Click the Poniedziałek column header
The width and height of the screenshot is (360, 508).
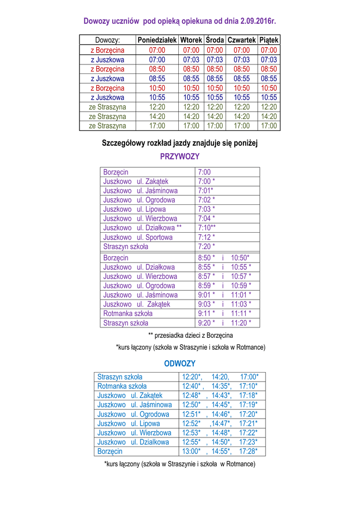pos(157,40)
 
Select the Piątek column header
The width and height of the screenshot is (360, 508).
pos(269,40)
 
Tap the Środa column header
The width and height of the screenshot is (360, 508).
pos(215,40)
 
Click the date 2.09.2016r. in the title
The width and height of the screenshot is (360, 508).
pos(258,21)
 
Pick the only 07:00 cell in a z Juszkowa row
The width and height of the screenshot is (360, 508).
pos(157,60)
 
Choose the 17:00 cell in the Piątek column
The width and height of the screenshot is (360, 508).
pos(269,126)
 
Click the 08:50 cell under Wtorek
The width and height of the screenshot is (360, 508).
pos(191,69)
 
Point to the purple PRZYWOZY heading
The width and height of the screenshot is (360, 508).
pos(180,157)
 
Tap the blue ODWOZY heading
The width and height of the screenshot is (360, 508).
pos(180,364)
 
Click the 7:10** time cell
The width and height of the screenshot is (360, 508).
pos(207,228)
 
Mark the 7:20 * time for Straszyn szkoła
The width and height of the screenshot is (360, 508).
pos(207,247)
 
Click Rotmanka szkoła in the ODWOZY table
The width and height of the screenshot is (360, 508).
pos(122,386)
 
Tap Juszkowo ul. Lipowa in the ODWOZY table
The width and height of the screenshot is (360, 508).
pos(129,424)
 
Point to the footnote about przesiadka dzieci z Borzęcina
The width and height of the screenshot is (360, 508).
pos(190,335)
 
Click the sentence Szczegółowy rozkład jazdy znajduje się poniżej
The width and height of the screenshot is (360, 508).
pos(180,143)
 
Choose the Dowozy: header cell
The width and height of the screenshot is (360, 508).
pos(107,40)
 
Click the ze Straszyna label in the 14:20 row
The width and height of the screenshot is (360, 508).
pos(107,117)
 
